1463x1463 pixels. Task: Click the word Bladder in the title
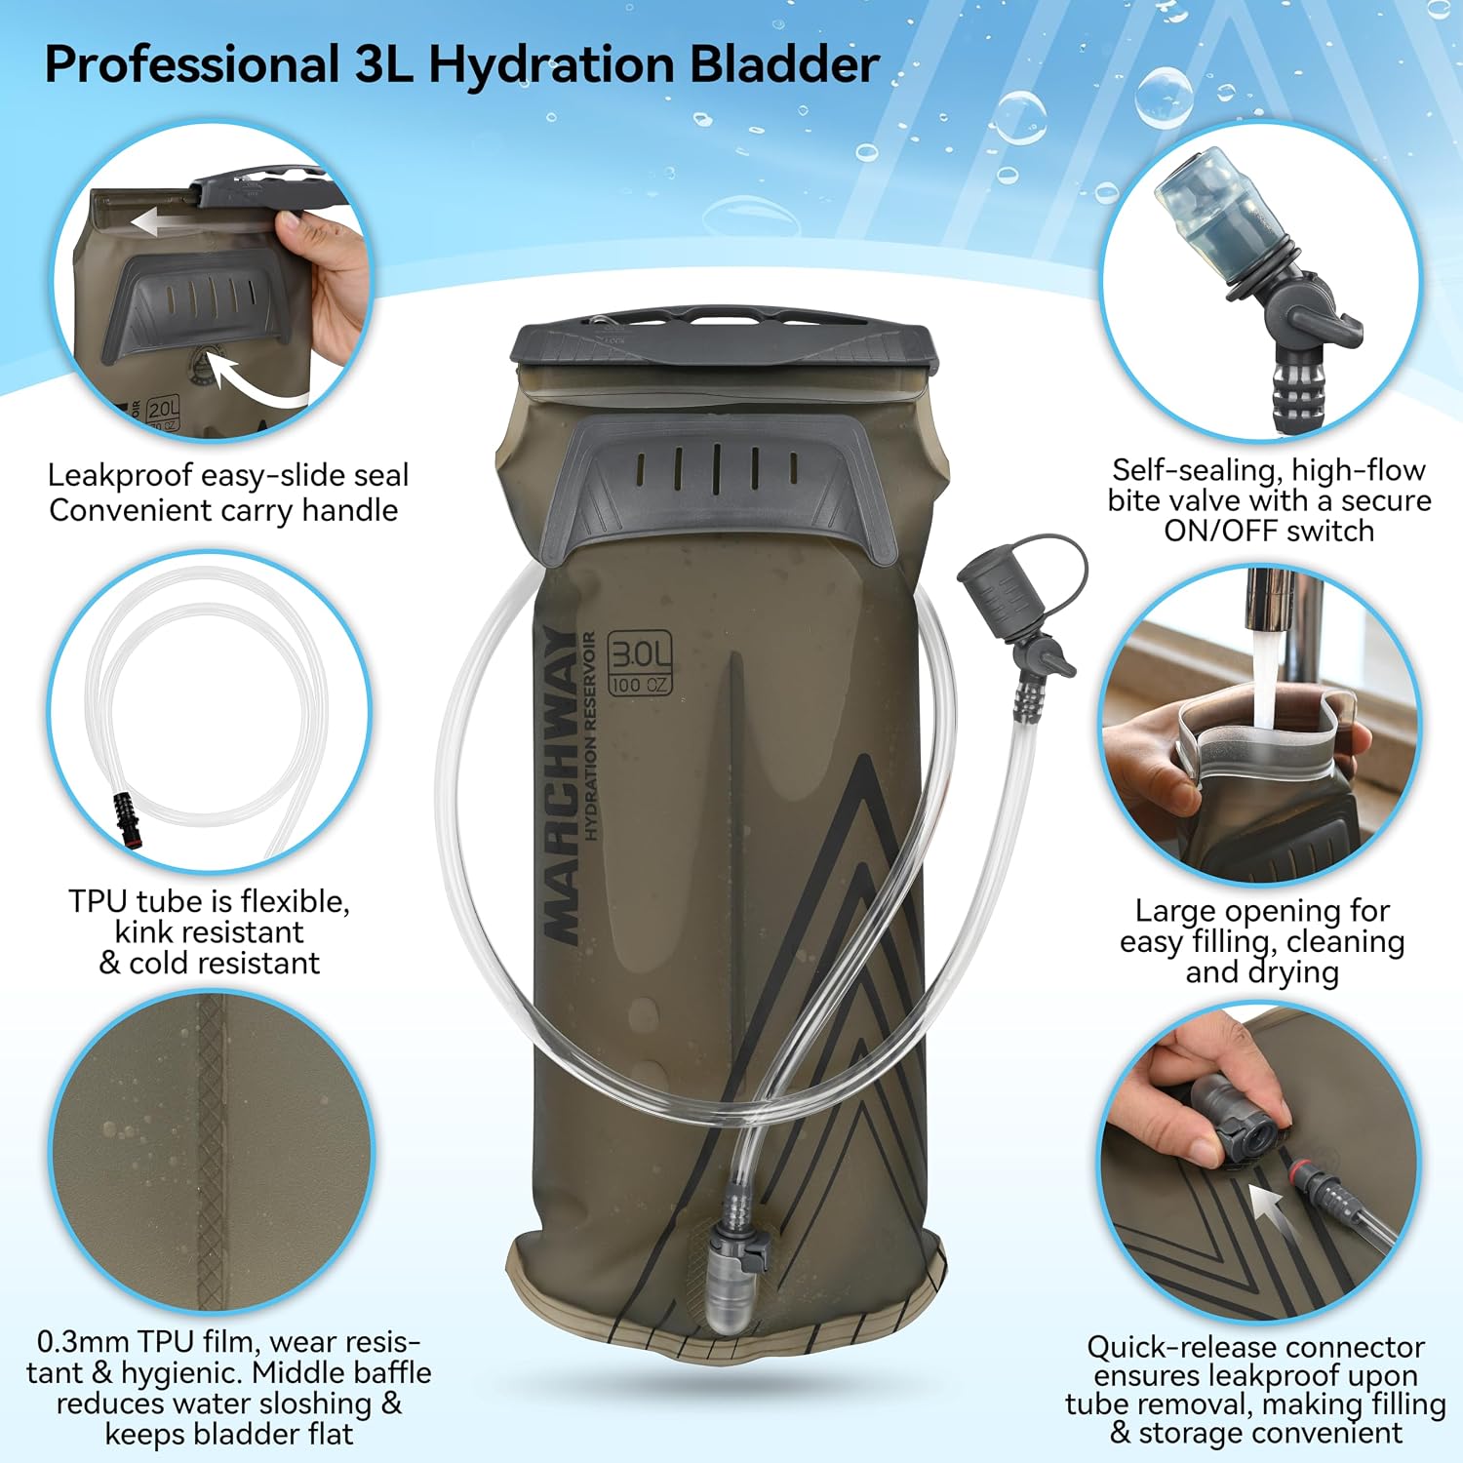[x=784, y=66]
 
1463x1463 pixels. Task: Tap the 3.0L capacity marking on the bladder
[x=640, y=652]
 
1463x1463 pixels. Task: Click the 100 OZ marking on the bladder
[x=640, y=685]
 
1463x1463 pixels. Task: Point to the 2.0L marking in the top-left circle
[x=163, y=409]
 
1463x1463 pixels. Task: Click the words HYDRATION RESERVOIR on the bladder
[x=590, y=736]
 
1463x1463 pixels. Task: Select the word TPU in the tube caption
[x=100, y=901]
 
